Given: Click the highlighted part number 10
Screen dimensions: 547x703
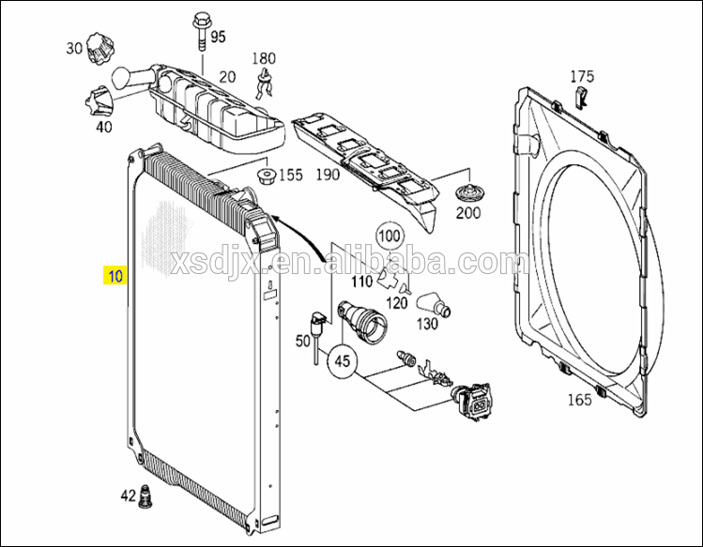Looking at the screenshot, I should coord(115,277).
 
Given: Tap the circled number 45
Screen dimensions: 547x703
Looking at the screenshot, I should coord(342,361).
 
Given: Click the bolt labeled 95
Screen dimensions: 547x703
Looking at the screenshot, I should coord(201,32).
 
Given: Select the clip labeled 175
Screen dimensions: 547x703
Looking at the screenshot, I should coord(581,97).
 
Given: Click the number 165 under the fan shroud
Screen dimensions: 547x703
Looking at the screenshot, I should coord(579,401).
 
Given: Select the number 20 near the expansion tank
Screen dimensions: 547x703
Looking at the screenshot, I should coord(227,77).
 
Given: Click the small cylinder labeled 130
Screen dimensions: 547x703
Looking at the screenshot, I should coord(436,304).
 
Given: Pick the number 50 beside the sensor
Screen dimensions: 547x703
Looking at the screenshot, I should coord(302,342).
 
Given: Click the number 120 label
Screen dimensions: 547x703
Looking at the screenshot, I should coord(398,302).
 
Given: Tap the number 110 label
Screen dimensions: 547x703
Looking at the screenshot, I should coord(361,281).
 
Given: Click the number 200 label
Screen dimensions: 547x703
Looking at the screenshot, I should coord(467,213).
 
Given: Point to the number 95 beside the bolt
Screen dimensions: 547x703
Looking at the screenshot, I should coord(218,38).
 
